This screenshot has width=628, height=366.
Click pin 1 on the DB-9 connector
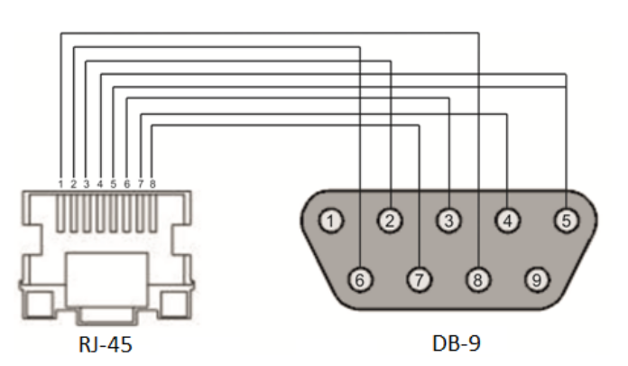point(333,220)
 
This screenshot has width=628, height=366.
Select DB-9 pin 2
point(390,220)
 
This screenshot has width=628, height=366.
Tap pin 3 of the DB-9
point(448,220)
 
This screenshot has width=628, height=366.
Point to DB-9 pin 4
point(508,220)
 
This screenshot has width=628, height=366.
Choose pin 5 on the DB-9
point(565,220)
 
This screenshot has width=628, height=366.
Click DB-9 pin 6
point(361,279)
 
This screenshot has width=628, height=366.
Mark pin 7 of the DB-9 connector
point(419,279)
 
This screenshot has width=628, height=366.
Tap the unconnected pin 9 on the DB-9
point(537,279)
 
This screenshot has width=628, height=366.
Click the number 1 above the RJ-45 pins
point(60,184)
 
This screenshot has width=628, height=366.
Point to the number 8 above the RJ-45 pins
point(152,184)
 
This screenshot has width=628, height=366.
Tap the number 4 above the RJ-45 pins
point(100,184)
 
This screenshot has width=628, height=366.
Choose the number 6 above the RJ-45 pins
point(127,184)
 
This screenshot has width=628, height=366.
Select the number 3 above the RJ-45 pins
point(87,184)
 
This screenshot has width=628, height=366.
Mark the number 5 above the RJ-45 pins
point(114,184)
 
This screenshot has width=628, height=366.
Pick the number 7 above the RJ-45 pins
point(141,184)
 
